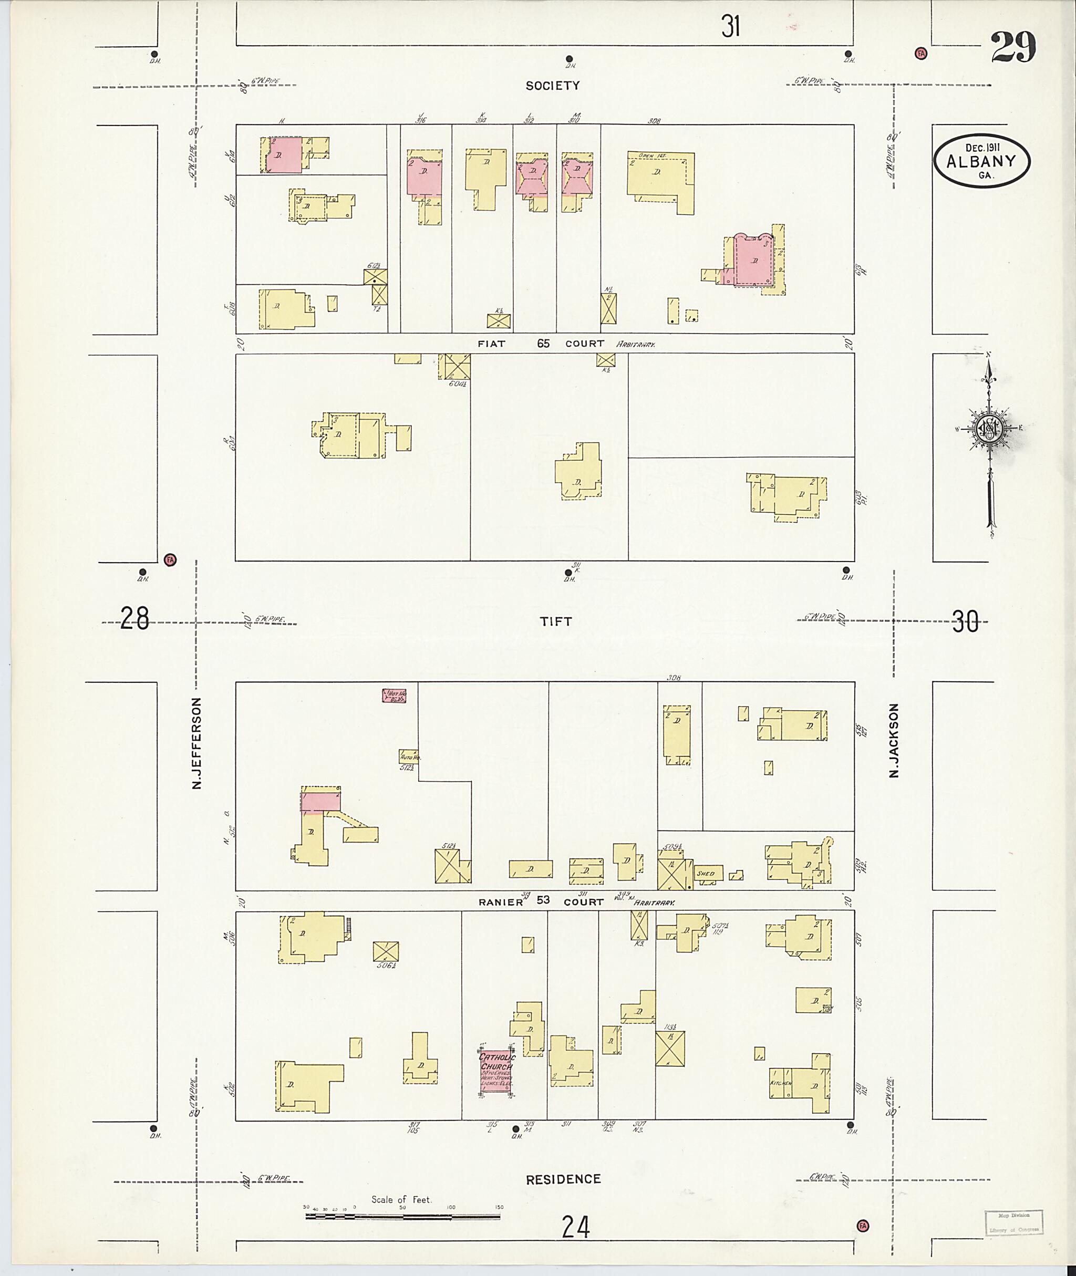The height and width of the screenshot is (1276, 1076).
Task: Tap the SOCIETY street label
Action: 553,86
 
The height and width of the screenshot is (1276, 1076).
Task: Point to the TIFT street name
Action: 556,621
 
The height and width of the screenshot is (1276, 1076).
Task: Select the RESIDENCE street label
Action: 563,1179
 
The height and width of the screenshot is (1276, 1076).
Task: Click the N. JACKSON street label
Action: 894,741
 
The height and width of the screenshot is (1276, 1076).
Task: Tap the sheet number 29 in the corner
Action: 1012,48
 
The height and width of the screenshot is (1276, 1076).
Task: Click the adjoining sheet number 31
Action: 730,26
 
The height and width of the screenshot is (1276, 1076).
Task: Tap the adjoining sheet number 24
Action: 575,1227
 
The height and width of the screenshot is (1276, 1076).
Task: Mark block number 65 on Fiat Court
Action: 543,344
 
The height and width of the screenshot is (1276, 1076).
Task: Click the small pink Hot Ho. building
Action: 395,694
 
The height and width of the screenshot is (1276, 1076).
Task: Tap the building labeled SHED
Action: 708,874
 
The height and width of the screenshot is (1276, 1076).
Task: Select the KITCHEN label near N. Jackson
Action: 780,1083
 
